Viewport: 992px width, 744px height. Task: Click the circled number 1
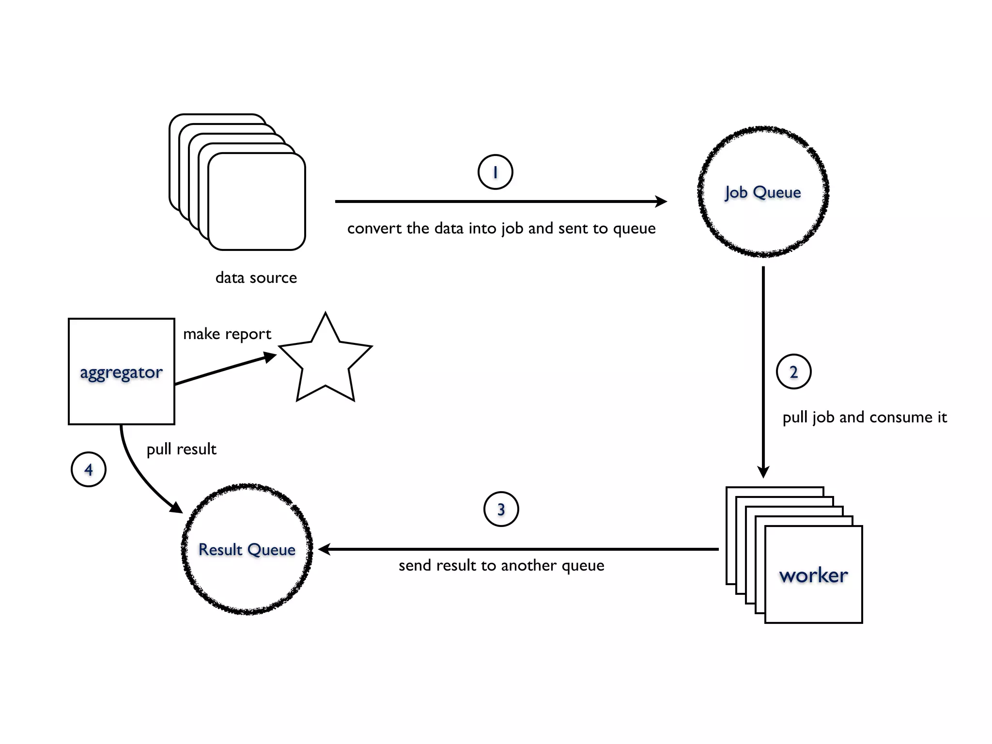[495, 172]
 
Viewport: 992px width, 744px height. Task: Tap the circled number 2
[793, 372]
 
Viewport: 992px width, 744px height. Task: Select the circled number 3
[501, 509]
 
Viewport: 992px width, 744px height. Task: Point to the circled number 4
[89, 469]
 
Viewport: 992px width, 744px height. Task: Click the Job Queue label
[763, 192]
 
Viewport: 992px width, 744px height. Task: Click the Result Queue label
[247, 550]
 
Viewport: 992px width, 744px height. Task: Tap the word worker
[813, 575]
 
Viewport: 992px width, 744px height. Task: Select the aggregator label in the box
[121, 372]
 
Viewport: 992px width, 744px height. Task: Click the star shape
[325, 361]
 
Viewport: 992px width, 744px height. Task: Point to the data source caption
[256, 278]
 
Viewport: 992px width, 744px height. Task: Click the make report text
[227, 334]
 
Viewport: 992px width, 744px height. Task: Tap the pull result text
[181, 449]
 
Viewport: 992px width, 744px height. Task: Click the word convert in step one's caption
[374, 228]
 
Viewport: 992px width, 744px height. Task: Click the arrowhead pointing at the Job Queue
[661, 201]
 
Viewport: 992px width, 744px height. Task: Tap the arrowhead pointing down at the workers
[763, 472]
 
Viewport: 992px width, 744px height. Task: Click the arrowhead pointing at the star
[269, 357]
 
